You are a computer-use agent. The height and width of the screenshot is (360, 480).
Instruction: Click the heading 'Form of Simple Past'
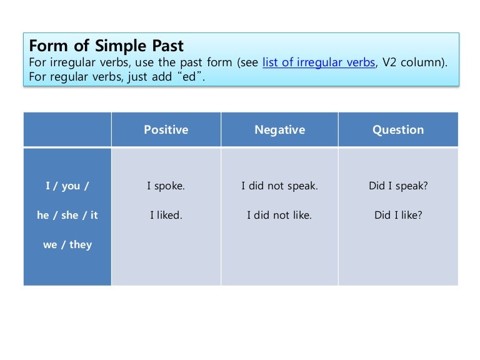tap(107, 46)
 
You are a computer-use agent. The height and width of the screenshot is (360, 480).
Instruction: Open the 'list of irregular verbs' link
tap(319, 63)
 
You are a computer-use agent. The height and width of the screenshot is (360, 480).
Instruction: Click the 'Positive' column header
tap(166, 130)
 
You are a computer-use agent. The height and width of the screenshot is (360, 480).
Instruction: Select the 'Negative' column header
tap(279, 130)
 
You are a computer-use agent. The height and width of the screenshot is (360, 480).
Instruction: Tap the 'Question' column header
tap(398, 130)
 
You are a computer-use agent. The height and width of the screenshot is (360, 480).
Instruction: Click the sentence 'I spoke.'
tap(166, 186)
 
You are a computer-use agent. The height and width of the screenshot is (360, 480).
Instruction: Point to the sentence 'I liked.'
tap(166, 215)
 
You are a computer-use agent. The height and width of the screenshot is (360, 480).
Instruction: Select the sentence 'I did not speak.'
tap(279, 186)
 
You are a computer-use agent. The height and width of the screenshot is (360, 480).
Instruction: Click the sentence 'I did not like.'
tap(279, 215)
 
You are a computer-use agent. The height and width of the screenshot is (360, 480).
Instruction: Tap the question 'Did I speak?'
tap(398, 186)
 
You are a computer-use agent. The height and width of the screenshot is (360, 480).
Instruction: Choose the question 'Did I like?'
tap(398, 215)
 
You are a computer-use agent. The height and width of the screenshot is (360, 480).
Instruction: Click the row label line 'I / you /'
tap(67, 186)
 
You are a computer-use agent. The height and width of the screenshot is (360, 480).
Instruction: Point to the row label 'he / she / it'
tap(67, 215)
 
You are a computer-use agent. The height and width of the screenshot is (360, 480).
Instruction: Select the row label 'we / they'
tap(67, 244)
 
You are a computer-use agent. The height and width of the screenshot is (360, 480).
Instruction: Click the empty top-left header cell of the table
tap(67, 130)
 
